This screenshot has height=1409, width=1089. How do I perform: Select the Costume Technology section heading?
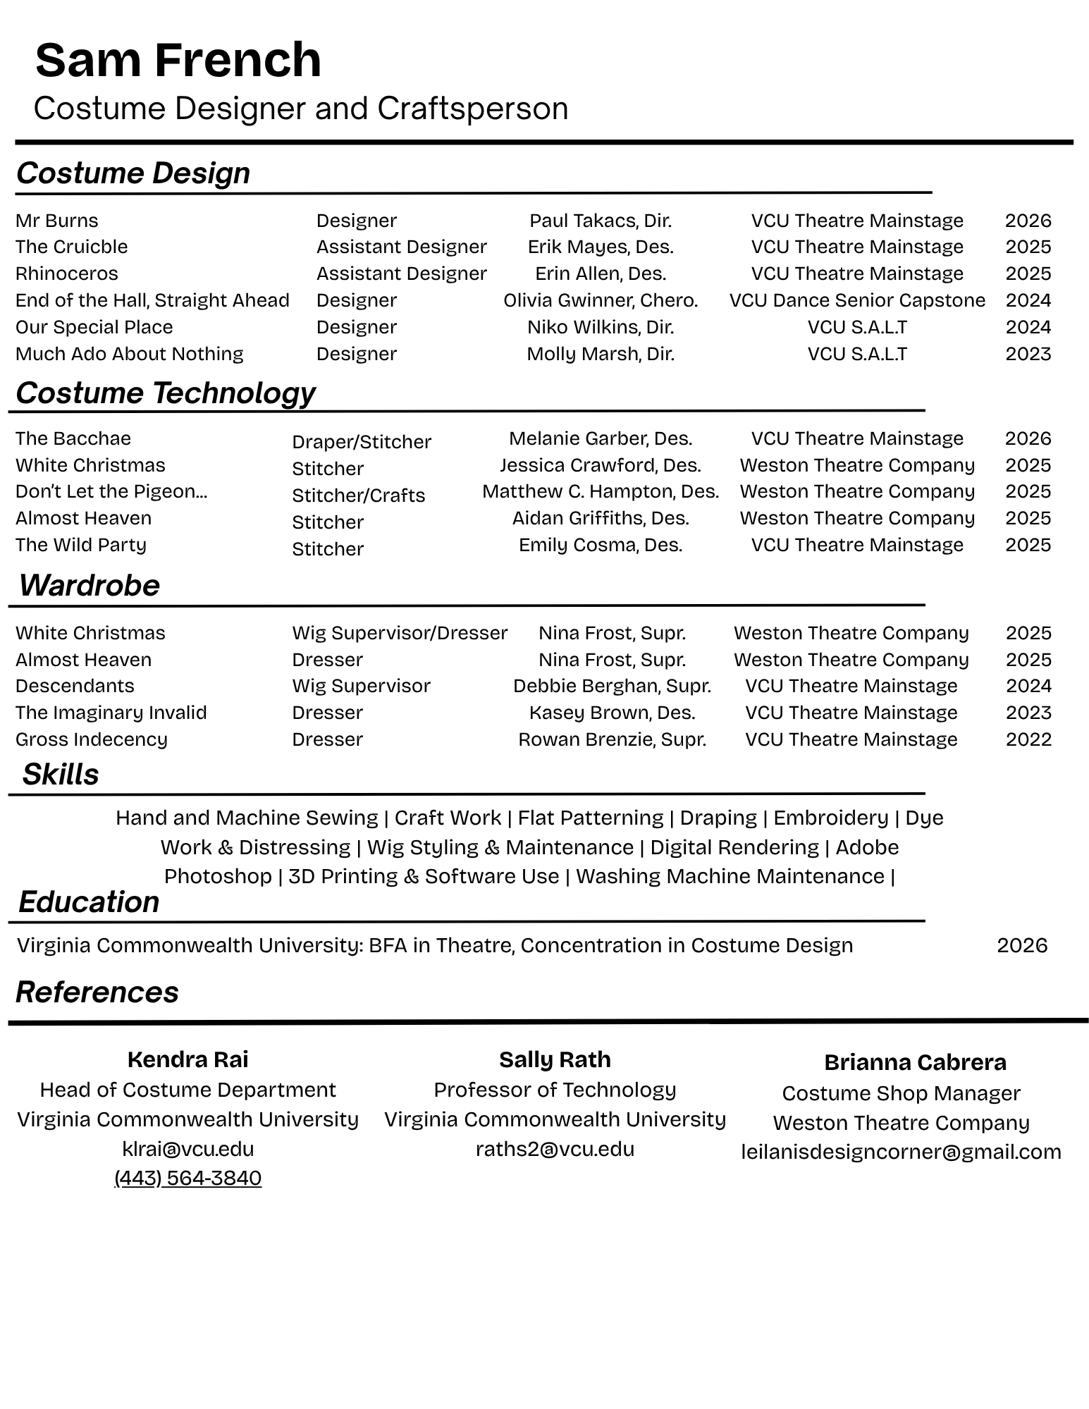(166, 393)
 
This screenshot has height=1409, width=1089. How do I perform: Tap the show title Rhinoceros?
(67, 273)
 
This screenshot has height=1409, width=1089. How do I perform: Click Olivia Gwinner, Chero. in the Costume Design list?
(601, 300)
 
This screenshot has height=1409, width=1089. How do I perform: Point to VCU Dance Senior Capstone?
(857, 300)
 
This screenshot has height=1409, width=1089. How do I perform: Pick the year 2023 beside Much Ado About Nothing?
(1028, 354)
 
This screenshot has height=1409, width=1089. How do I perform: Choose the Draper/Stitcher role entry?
(362, 442)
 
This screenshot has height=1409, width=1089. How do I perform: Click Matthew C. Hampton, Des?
(601, 491)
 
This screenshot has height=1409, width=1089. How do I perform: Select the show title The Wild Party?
(81, 545)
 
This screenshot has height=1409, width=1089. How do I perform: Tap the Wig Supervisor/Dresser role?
(400, 633)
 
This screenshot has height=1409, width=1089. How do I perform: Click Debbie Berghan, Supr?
(612, 686)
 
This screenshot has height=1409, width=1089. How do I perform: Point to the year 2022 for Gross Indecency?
(1028, 739)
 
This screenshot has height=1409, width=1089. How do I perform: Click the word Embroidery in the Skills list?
(830, 818)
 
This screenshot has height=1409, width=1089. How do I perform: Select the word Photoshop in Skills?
(218, 876)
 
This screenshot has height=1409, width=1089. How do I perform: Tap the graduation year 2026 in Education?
(1022, 945)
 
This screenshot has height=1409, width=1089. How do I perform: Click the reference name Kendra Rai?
(187, 1059)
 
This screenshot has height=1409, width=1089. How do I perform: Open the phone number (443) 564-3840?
(187, 1178)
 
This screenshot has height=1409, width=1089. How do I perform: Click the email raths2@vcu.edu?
(555, 1149)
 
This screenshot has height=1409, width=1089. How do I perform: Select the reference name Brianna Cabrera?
(915, 1062)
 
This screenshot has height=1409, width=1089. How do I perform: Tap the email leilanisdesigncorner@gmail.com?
(901, 1152)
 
